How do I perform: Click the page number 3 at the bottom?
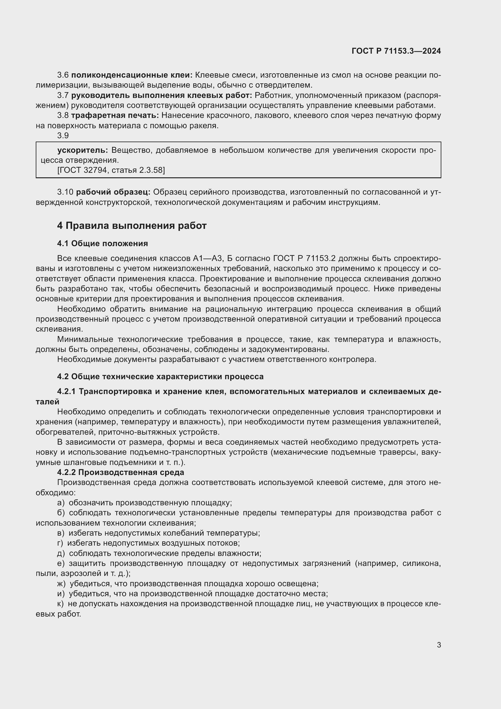(439, 645)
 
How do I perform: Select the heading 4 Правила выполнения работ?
(132, 226)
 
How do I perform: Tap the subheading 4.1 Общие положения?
(102, 244)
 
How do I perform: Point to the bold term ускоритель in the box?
(82, 150)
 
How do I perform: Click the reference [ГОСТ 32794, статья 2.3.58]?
(111, 170)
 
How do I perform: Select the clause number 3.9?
(63, 135)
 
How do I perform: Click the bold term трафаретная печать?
(115, 115)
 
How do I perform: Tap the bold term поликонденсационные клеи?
(132, 75)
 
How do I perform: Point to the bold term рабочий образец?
(113, 192)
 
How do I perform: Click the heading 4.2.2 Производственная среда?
(121, 472)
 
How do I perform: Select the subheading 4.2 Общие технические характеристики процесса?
(161, 377)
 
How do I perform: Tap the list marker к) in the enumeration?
(61, 604)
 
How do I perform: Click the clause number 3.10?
(65, 192)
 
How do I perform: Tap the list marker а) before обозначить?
(61, 503)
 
